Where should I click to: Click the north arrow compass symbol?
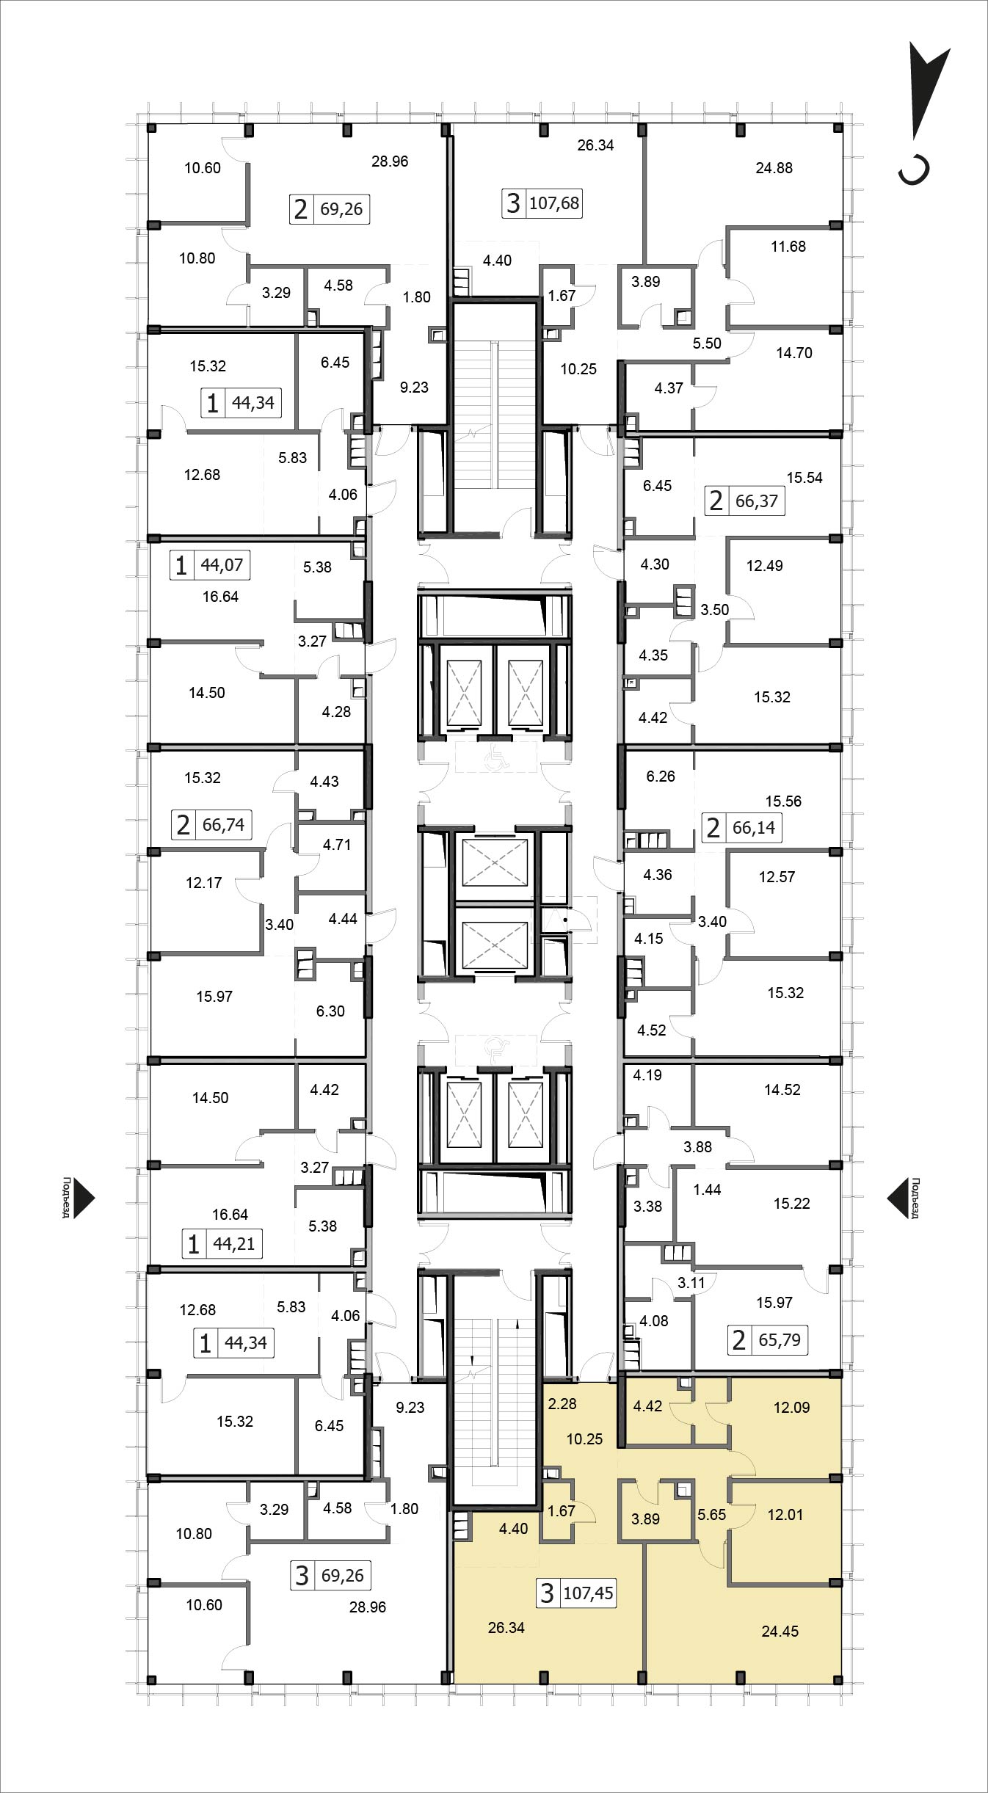point(923,110)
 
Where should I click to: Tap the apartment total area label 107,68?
point(554,203)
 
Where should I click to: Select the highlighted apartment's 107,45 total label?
point(588,1594)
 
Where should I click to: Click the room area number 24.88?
point(774,168)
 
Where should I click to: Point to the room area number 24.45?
point(780,1632)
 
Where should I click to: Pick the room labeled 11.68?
point(788,247)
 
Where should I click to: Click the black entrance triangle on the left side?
point(85,1199)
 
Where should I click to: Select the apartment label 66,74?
point(223,825)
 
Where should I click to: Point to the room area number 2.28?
point(562,1404)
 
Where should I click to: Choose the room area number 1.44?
point(707,1190)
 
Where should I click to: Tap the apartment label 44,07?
point(221,565)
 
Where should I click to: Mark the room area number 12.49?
point(764,566)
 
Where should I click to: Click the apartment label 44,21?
point(233,1244)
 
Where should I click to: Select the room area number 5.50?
point(707,343)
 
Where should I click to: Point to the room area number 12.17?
point(203,883)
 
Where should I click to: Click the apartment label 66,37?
point(756,502)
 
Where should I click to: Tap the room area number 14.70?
point(794,353)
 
